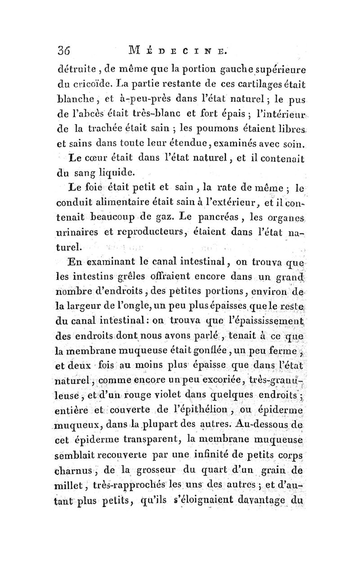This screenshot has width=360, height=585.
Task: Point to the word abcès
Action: [x=100, y=130]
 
